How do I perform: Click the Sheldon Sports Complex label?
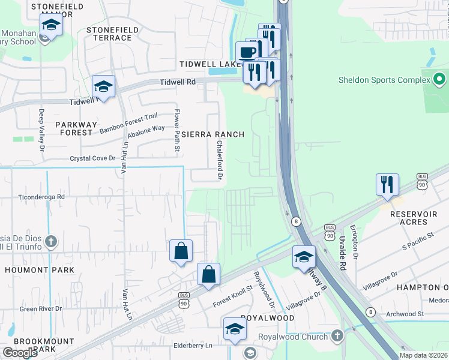pos(382,79)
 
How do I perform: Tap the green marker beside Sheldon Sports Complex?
pos(439,79)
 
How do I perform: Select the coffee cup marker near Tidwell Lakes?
pos(247,52)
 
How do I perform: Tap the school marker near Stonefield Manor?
pos(51,25)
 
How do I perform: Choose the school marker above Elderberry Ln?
pos(235,329)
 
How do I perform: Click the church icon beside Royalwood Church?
pos(337,336)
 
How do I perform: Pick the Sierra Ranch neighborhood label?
pos(213,134)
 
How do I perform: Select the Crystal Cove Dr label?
pos(92,158)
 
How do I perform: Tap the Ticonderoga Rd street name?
pos(41,196)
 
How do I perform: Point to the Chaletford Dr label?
pos(220,160)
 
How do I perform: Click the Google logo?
pos(20,353)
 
